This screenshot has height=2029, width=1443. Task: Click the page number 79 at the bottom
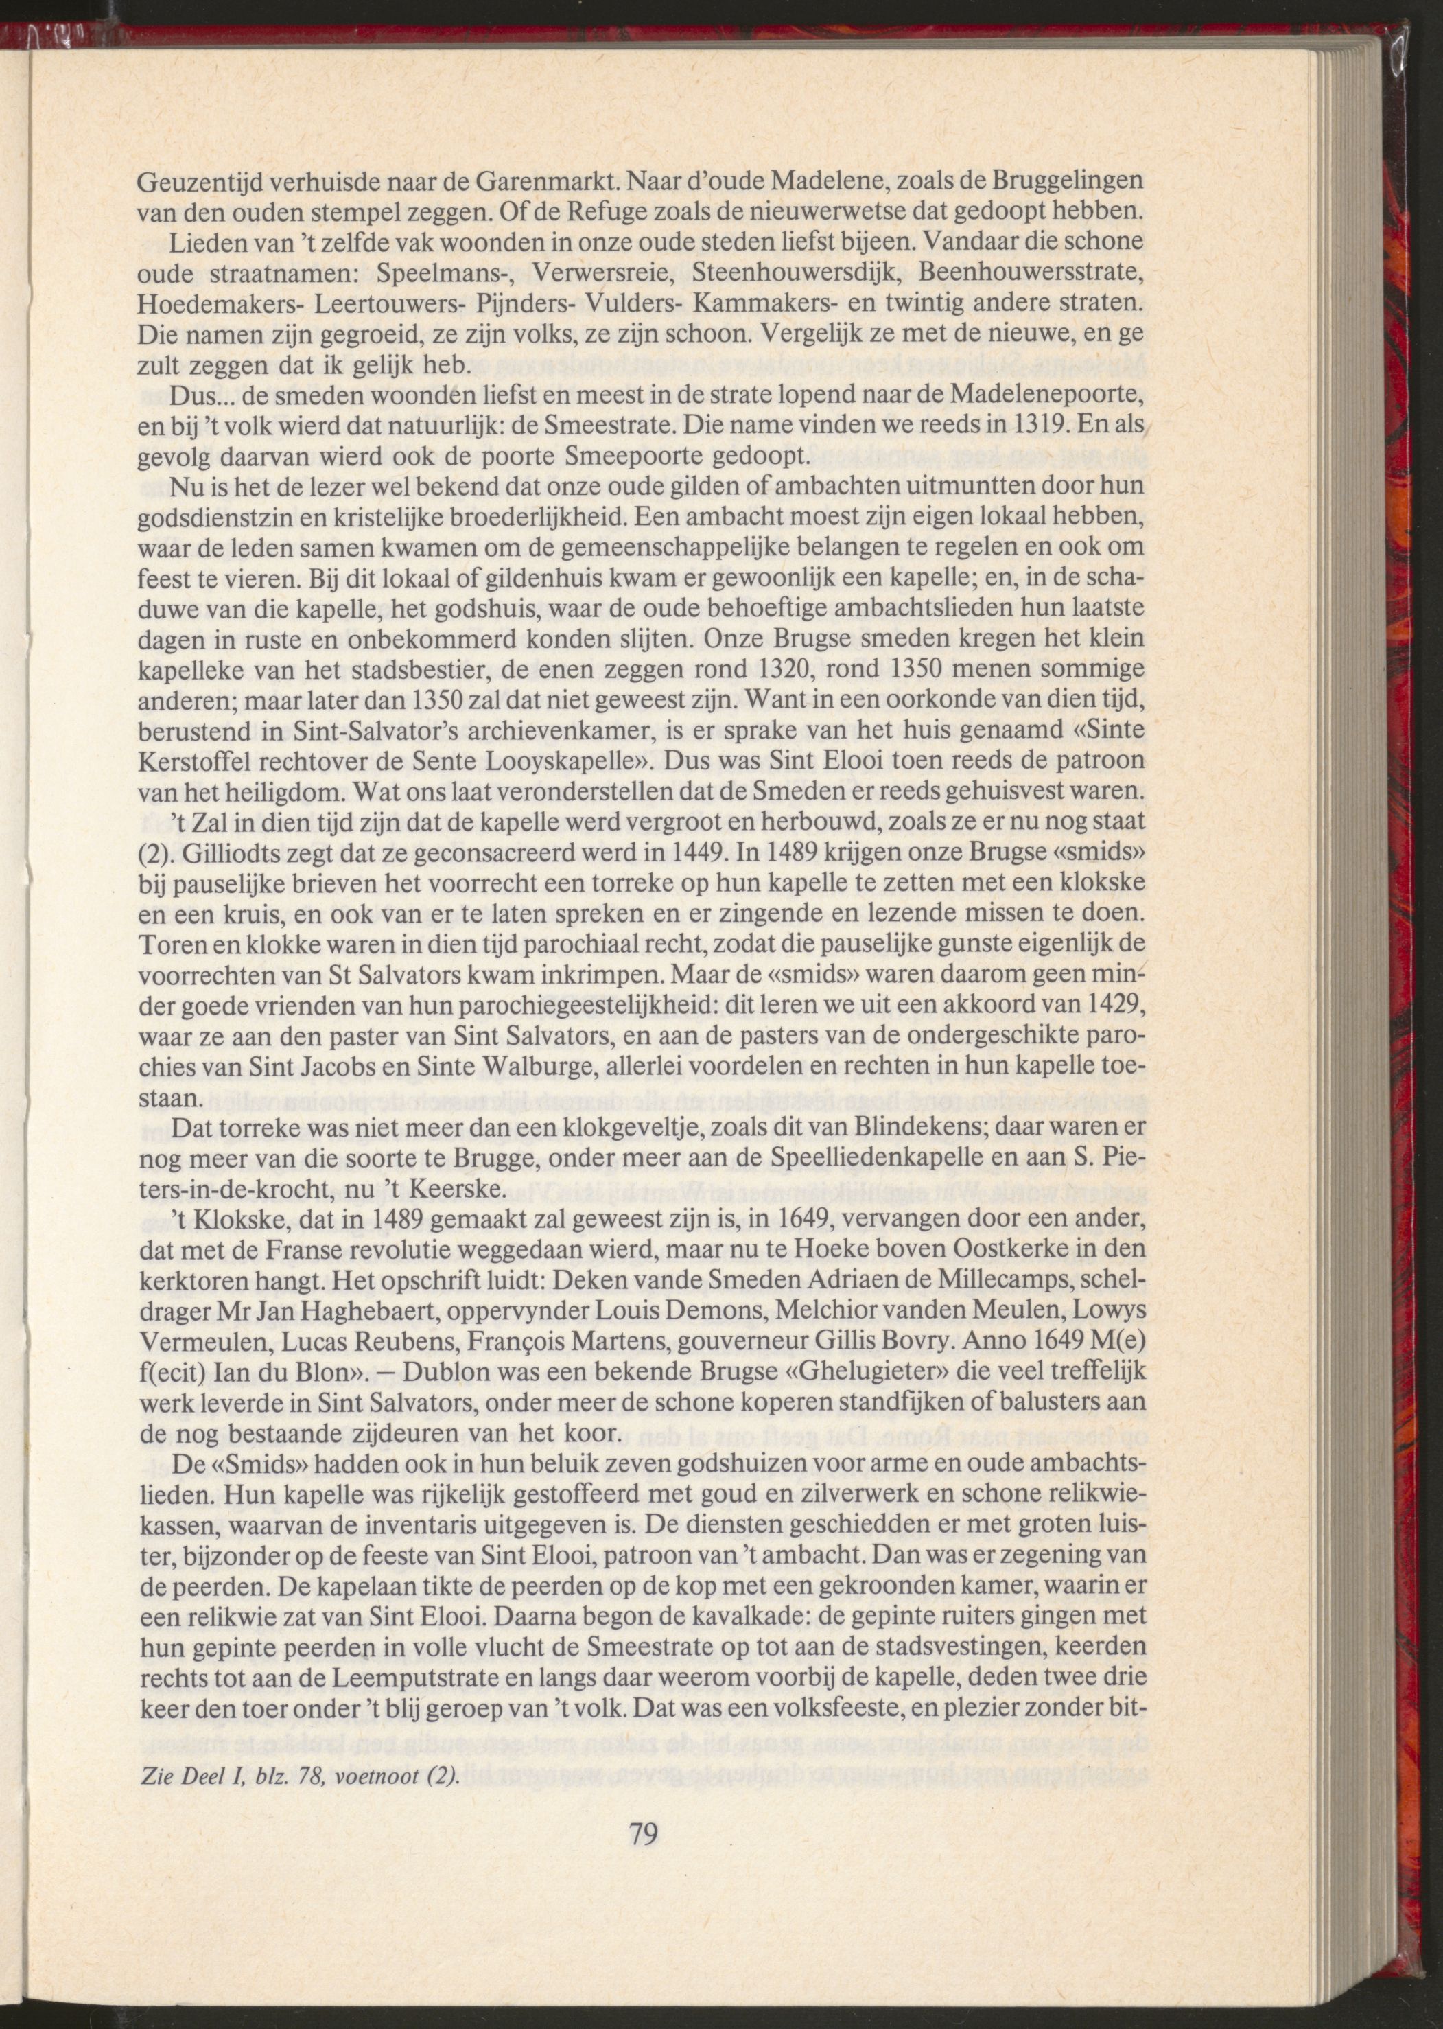pos(642,1831)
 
